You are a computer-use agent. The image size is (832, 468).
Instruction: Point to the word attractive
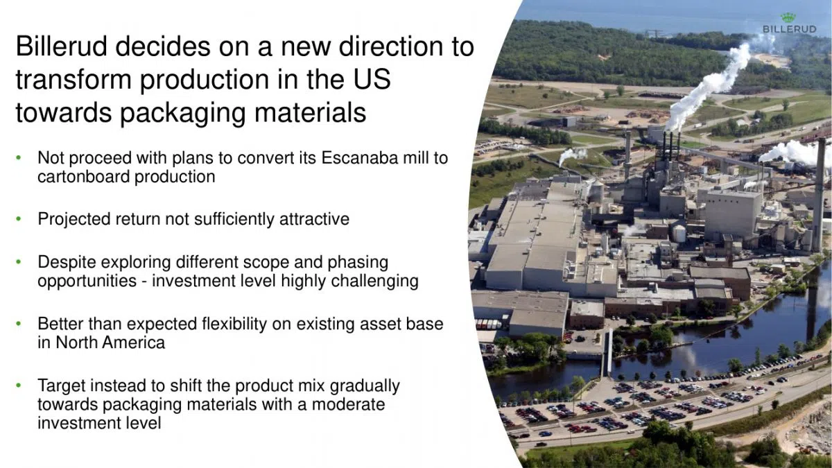(x=314, y=220)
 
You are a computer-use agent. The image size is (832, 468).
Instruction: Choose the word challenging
(x=374, y=281)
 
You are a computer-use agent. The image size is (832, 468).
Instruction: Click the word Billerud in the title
(x=60, y=47)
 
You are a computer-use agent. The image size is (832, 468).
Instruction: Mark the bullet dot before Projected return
(x=21, y=220)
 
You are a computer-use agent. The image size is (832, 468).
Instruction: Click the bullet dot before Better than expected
(x=21, y=324)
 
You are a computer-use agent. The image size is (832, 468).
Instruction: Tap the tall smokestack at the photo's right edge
(x=819, y=194)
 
